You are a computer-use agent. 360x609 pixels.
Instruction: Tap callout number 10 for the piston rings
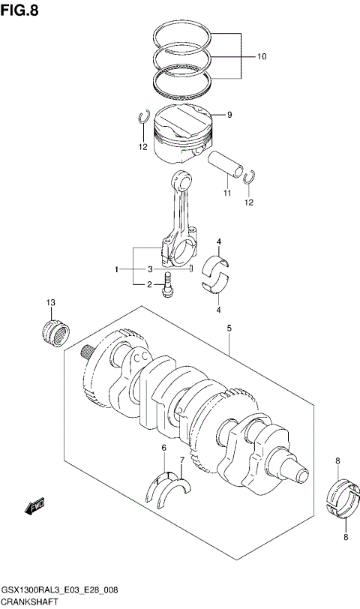262,56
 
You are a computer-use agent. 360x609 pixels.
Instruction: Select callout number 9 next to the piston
229,115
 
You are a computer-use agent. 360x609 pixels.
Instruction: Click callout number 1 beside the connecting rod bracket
116,268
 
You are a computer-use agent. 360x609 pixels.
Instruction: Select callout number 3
150,268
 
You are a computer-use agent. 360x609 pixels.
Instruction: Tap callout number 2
149,284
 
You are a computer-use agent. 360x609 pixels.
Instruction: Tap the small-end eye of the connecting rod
181,180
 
